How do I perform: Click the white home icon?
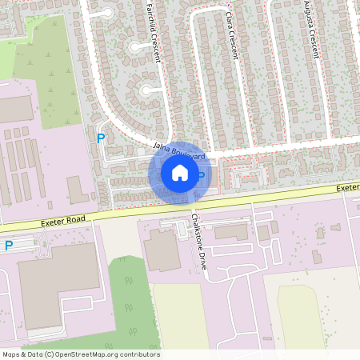coord(180,174)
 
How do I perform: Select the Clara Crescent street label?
coord(232,36)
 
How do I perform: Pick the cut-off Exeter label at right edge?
coord(348,187)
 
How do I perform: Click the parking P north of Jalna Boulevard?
coord(101,138)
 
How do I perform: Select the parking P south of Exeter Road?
coord(9,246)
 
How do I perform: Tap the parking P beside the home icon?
coord(202,175)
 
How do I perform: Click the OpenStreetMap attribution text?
coord(81,354)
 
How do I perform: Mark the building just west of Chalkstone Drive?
coord(163,250)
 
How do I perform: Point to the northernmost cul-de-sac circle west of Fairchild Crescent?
coord(106,11)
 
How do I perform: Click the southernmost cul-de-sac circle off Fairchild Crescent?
coord(147,90)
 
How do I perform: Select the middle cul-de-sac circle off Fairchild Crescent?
coord(137,46)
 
